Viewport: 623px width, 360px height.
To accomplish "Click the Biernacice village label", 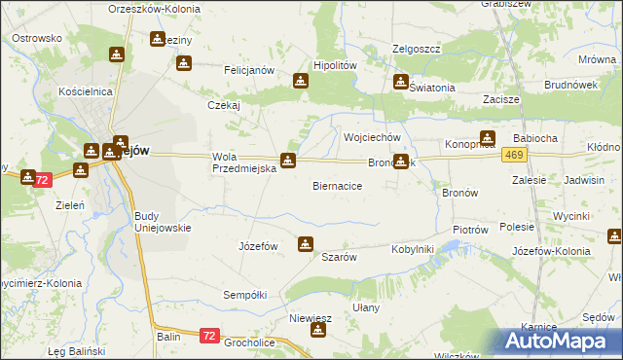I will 338,185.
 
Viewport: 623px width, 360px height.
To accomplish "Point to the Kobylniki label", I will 412,249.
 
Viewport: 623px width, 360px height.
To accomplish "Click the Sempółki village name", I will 244,294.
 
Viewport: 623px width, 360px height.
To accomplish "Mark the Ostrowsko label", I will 37,38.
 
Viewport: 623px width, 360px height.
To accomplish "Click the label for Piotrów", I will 469,230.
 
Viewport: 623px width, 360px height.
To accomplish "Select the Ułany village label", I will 365,307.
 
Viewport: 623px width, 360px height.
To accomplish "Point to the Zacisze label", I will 500,99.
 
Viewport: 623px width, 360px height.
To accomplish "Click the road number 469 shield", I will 515,155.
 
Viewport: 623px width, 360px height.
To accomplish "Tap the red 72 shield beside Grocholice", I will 209,336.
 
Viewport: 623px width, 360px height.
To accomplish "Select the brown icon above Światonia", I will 400,83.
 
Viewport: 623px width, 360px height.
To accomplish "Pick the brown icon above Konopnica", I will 487,138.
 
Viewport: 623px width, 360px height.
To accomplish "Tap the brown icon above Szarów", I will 306,244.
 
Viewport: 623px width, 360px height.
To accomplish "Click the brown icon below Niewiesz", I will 317,332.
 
